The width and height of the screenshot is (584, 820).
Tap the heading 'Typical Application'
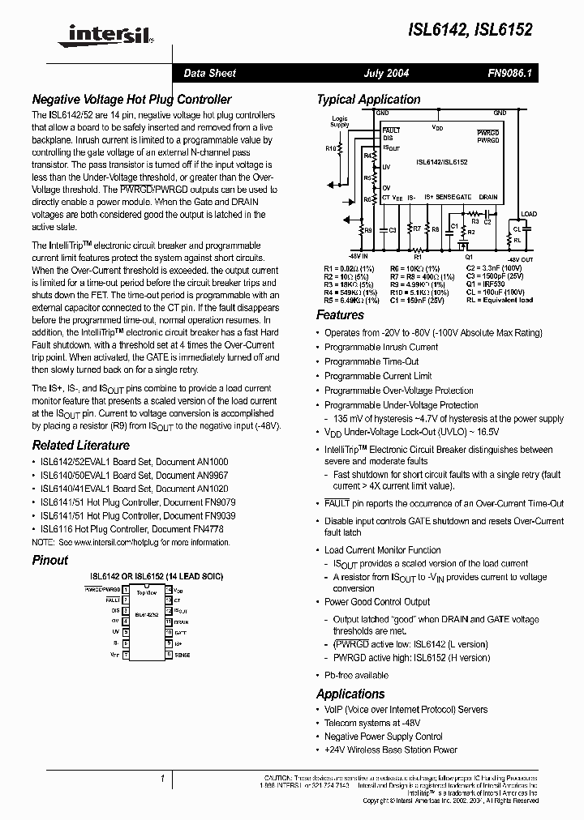click(368, 100)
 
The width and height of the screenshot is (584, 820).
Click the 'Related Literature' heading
click(80, 445)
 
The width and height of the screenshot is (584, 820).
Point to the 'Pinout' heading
click(49, 560)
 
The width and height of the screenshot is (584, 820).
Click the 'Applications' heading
click(350, 694)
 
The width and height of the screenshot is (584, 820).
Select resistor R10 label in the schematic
click(330, 149)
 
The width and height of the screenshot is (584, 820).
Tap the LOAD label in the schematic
click(528, 214)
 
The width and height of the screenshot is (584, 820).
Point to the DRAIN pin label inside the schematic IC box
click(487, 197)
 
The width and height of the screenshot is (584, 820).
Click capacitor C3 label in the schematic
click(393, 229)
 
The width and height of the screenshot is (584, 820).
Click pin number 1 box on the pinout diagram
click(126, 591)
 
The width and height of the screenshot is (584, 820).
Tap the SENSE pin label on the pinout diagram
click(182, 655)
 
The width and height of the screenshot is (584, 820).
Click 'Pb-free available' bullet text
click(356, 675)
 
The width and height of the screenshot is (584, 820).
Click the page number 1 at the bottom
click(162, 779)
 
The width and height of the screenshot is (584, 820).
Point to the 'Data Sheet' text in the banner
click(209, 73)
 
